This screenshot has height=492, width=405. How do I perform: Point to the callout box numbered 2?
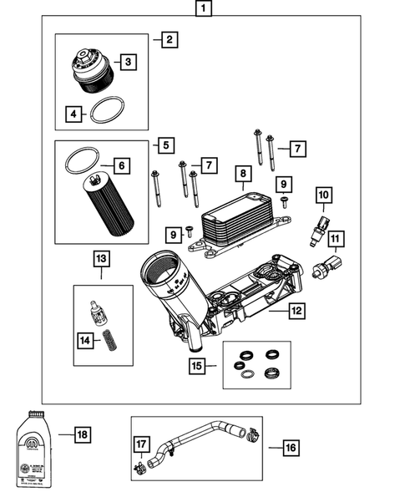pos(170,39)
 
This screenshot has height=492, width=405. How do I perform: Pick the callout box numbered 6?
pos(121,167)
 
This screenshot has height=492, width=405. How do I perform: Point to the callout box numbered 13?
pos(102,260)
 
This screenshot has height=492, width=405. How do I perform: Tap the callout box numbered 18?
pos(81,435)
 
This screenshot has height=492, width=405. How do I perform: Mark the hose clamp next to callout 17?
pos(138,469)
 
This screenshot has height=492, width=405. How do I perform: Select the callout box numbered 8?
pos(243,174)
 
